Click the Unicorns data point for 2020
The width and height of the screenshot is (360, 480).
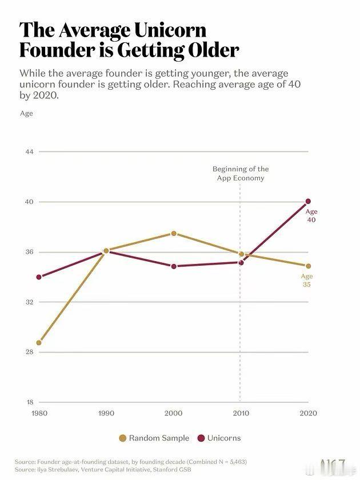click(308, 201)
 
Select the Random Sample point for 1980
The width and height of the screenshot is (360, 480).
click(39, 342)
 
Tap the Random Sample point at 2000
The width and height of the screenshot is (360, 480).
click(174, 233)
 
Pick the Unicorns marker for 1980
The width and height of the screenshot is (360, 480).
click(39, 277)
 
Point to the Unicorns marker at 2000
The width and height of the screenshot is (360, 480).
click(174, 266)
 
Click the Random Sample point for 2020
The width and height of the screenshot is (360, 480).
click(308, 266)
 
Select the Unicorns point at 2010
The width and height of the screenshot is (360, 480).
click(241, 263)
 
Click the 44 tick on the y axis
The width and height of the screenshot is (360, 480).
click(29, 151)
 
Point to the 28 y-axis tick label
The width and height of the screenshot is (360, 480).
click(29, 352)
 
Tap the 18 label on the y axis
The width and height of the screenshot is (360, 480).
click(30, 402)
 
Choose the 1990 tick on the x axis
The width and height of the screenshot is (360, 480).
click(106, 413)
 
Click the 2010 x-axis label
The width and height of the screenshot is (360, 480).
click(241, 413)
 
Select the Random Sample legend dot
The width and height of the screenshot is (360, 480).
click(122, 438)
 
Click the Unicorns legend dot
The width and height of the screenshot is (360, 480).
click(201, 438)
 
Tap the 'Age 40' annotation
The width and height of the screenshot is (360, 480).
click(311, 215)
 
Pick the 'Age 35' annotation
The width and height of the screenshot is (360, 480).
click(307, 280)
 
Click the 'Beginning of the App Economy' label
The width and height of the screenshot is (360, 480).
click(241, 174)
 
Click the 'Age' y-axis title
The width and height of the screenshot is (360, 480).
click(26, 114)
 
